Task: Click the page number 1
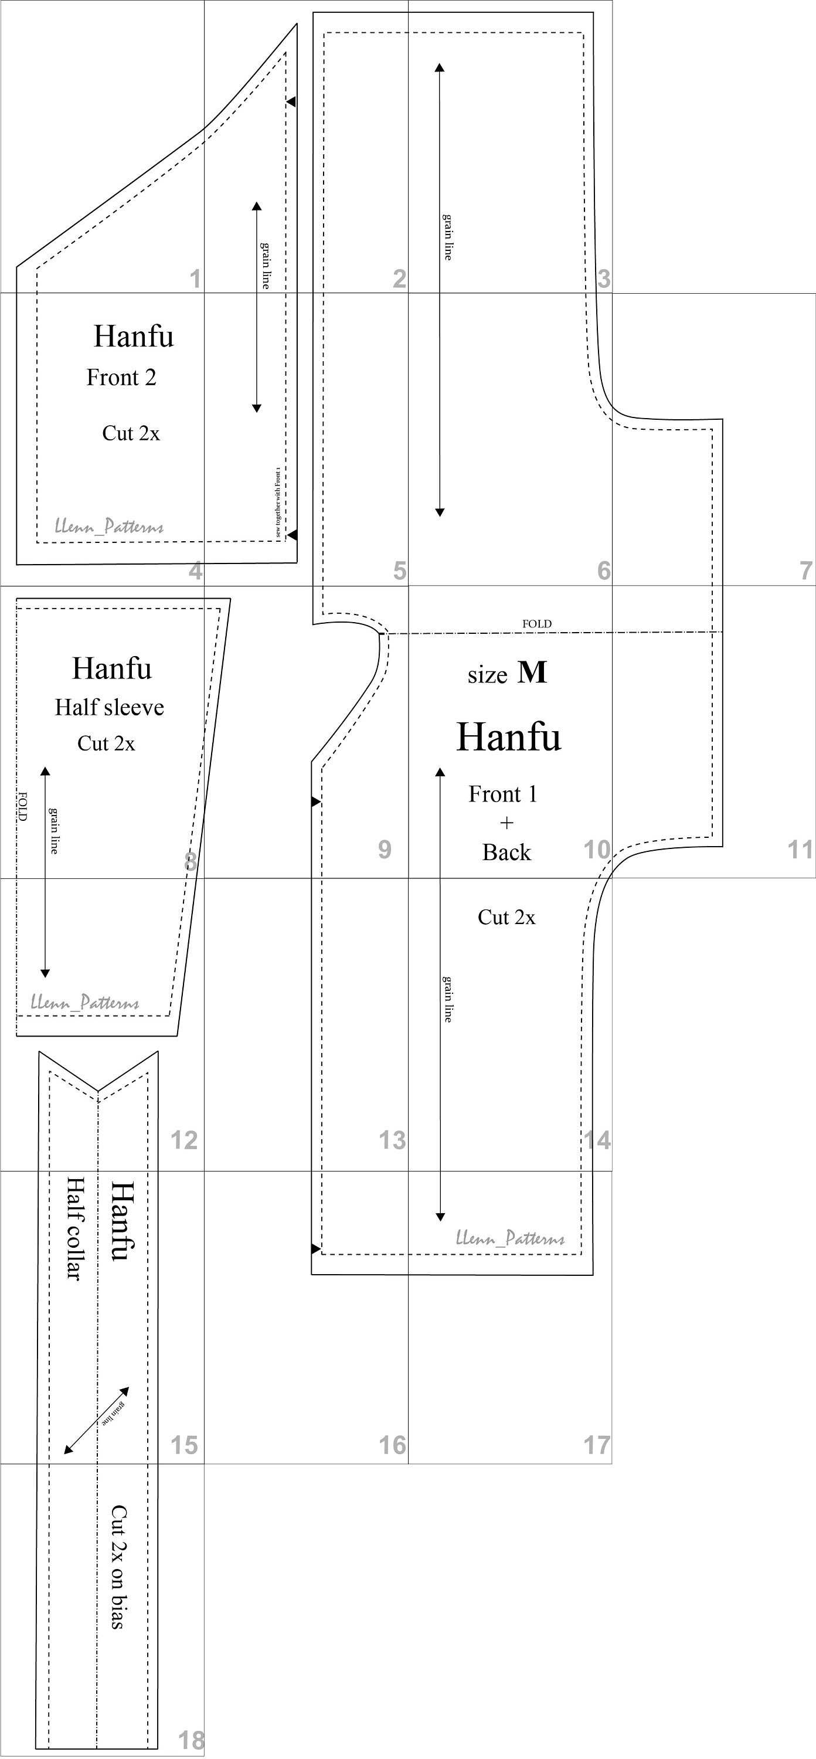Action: point(195,279)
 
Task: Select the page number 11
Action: point(800,850)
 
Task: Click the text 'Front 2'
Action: point(121,377)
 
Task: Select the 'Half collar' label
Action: point(74,1228)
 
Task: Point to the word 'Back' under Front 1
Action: point(506,852)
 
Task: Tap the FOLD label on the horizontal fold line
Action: point(537,623)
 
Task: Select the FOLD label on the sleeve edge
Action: point(22,806)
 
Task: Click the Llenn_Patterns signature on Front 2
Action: point(109,527)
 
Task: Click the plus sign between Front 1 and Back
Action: point(506,823)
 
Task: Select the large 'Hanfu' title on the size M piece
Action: point(509,737)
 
